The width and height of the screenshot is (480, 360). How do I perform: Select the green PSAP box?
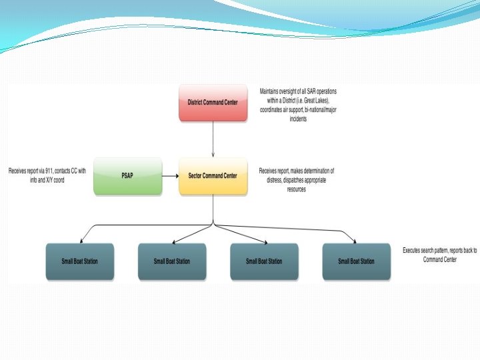click(127, 176)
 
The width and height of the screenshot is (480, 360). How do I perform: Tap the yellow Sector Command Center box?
click(213, 176)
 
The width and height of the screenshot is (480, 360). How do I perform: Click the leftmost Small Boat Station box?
click(79, 261)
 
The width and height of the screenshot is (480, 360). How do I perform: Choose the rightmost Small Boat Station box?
click(357, 261)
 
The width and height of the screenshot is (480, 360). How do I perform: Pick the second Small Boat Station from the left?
click(171, 261)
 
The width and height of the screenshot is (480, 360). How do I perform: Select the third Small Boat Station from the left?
click(264, 261)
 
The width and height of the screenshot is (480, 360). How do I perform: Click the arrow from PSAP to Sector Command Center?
click(170, 176)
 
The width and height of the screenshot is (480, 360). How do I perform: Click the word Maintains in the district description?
click(270, 90)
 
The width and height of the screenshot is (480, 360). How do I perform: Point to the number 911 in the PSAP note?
click(51, 171)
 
